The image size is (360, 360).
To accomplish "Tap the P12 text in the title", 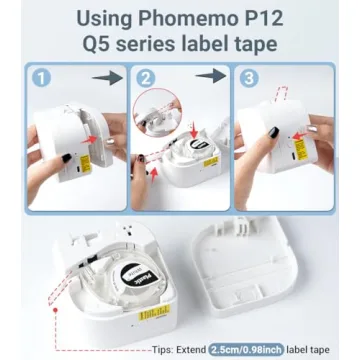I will click(263, 17).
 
